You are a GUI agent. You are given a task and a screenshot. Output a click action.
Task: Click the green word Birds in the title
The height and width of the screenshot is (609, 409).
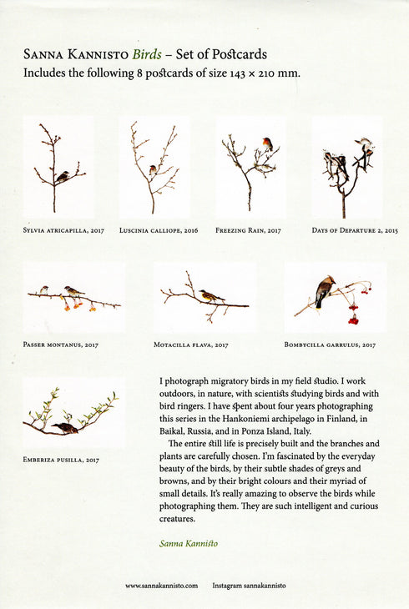pos(147,55)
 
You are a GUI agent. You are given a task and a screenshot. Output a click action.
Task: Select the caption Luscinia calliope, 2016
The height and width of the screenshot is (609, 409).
pos(159,229)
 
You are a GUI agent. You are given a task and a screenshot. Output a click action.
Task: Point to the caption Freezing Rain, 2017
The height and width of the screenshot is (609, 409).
pos(248,229)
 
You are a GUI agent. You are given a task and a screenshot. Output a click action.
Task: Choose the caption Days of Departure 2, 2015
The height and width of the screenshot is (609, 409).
pos(355,229)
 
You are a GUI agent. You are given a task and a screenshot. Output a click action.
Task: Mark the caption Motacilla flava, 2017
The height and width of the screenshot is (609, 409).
pos(191,344)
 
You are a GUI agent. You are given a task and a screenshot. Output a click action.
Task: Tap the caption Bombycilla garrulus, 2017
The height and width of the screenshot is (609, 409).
pos(330,344)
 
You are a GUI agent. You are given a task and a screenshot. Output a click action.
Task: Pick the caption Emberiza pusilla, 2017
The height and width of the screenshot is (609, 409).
pos(61,459)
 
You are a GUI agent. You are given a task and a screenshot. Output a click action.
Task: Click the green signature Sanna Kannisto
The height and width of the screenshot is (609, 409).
pos(189,542)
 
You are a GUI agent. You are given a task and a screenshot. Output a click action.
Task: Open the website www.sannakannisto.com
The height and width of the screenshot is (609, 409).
pos(161,586)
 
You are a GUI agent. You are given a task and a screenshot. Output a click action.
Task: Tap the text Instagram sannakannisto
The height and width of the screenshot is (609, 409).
pos(249,586)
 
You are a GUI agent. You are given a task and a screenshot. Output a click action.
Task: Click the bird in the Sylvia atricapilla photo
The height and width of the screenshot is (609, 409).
pos(62,176)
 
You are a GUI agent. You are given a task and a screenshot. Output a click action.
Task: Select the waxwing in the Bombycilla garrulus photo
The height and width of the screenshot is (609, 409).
pos(323,292)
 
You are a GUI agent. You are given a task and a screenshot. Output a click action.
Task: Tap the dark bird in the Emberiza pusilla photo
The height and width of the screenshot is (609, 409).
pos(65,427)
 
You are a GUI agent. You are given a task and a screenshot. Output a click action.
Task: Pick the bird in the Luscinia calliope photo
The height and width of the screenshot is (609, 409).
pos(152,169)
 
